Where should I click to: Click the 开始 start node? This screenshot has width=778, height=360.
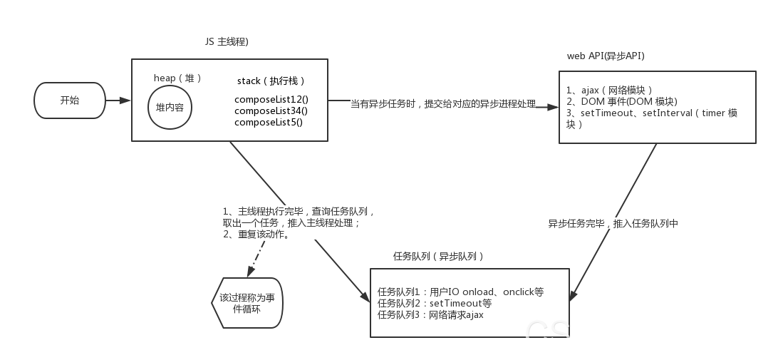click(70, 101)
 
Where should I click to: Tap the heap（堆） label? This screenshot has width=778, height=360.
click(178, 78)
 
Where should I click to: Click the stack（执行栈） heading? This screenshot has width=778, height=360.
click(271, 81)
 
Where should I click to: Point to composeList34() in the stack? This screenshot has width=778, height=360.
click(271, 110)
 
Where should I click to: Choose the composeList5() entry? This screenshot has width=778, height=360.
click(268, 122)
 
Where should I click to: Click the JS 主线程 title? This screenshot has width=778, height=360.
click(226, 41)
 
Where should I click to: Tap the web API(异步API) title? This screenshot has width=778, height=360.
click(606, 56)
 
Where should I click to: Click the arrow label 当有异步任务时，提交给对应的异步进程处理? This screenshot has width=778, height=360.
click(442, 104)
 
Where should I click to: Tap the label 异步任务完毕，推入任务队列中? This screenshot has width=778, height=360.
click(613, 223)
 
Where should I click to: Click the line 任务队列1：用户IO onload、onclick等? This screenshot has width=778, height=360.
click(460, 292)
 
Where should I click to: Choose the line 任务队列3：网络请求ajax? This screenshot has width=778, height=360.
click(430, 314)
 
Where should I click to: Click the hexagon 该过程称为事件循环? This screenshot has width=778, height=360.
click(247, 303)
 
